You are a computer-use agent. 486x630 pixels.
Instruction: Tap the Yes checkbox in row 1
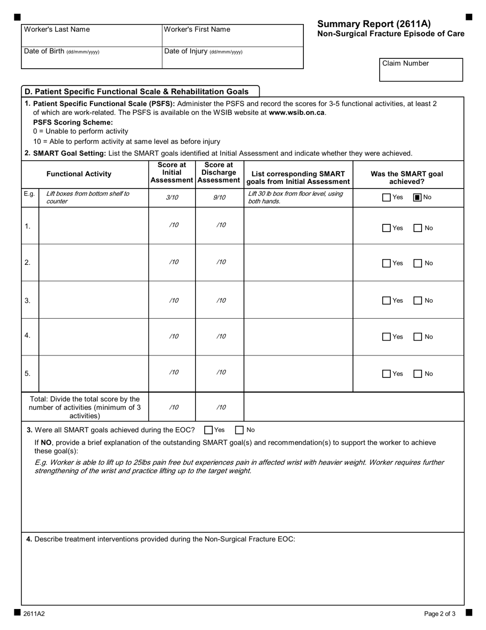pos(387,228)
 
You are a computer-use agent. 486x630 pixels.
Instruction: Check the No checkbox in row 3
pos(418,301)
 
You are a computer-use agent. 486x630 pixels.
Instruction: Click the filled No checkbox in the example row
pos(417,197)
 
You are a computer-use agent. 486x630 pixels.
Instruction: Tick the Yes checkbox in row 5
pos(387,374)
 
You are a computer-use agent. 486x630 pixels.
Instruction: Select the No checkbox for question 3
pos(239,430)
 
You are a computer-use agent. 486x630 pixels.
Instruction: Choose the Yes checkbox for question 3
pos(208,430)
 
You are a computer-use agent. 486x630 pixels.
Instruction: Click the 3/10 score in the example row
pos(172,197)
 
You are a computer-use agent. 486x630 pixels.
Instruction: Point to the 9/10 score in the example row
pos(219,197)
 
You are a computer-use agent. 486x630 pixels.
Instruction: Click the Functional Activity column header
pos(79,174)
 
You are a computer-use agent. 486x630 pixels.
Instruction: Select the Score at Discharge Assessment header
pos(219,173)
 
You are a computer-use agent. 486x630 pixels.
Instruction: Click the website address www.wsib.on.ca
pos(297,113)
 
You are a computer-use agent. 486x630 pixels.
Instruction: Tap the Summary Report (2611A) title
pos(374,24)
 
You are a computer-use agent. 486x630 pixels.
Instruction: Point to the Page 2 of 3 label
pos(439,614)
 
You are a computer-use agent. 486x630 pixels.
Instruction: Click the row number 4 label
pos(28,335)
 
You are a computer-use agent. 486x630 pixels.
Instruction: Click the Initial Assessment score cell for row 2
pos(172,262)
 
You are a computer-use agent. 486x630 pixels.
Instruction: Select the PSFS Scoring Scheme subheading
pos(73,122)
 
